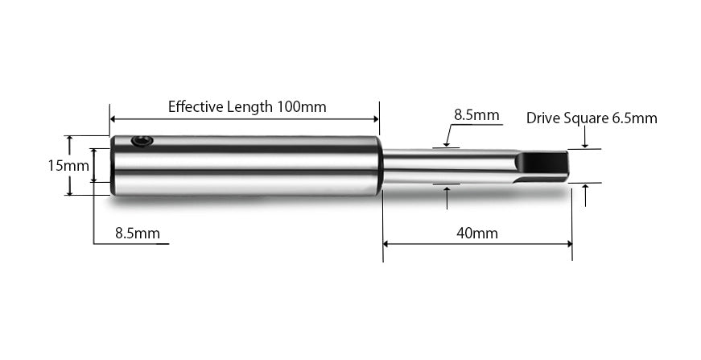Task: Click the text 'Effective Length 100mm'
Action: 246,106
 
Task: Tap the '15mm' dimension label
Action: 68,166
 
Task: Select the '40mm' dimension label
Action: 476,234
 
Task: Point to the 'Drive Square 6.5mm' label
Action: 592,118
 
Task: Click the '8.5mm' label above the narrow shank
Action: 476,115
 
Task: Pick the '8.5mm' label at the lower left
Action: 138,234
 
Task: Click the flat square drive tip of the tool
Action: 542,165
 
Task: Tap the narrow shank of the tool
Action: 443,166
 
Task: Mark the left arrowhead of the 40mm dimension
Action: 386,243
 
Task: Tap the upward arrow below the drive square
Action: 585,188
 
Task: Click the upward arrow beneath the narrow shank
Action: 447,190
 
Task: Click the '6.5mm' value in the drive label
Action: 635,118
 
